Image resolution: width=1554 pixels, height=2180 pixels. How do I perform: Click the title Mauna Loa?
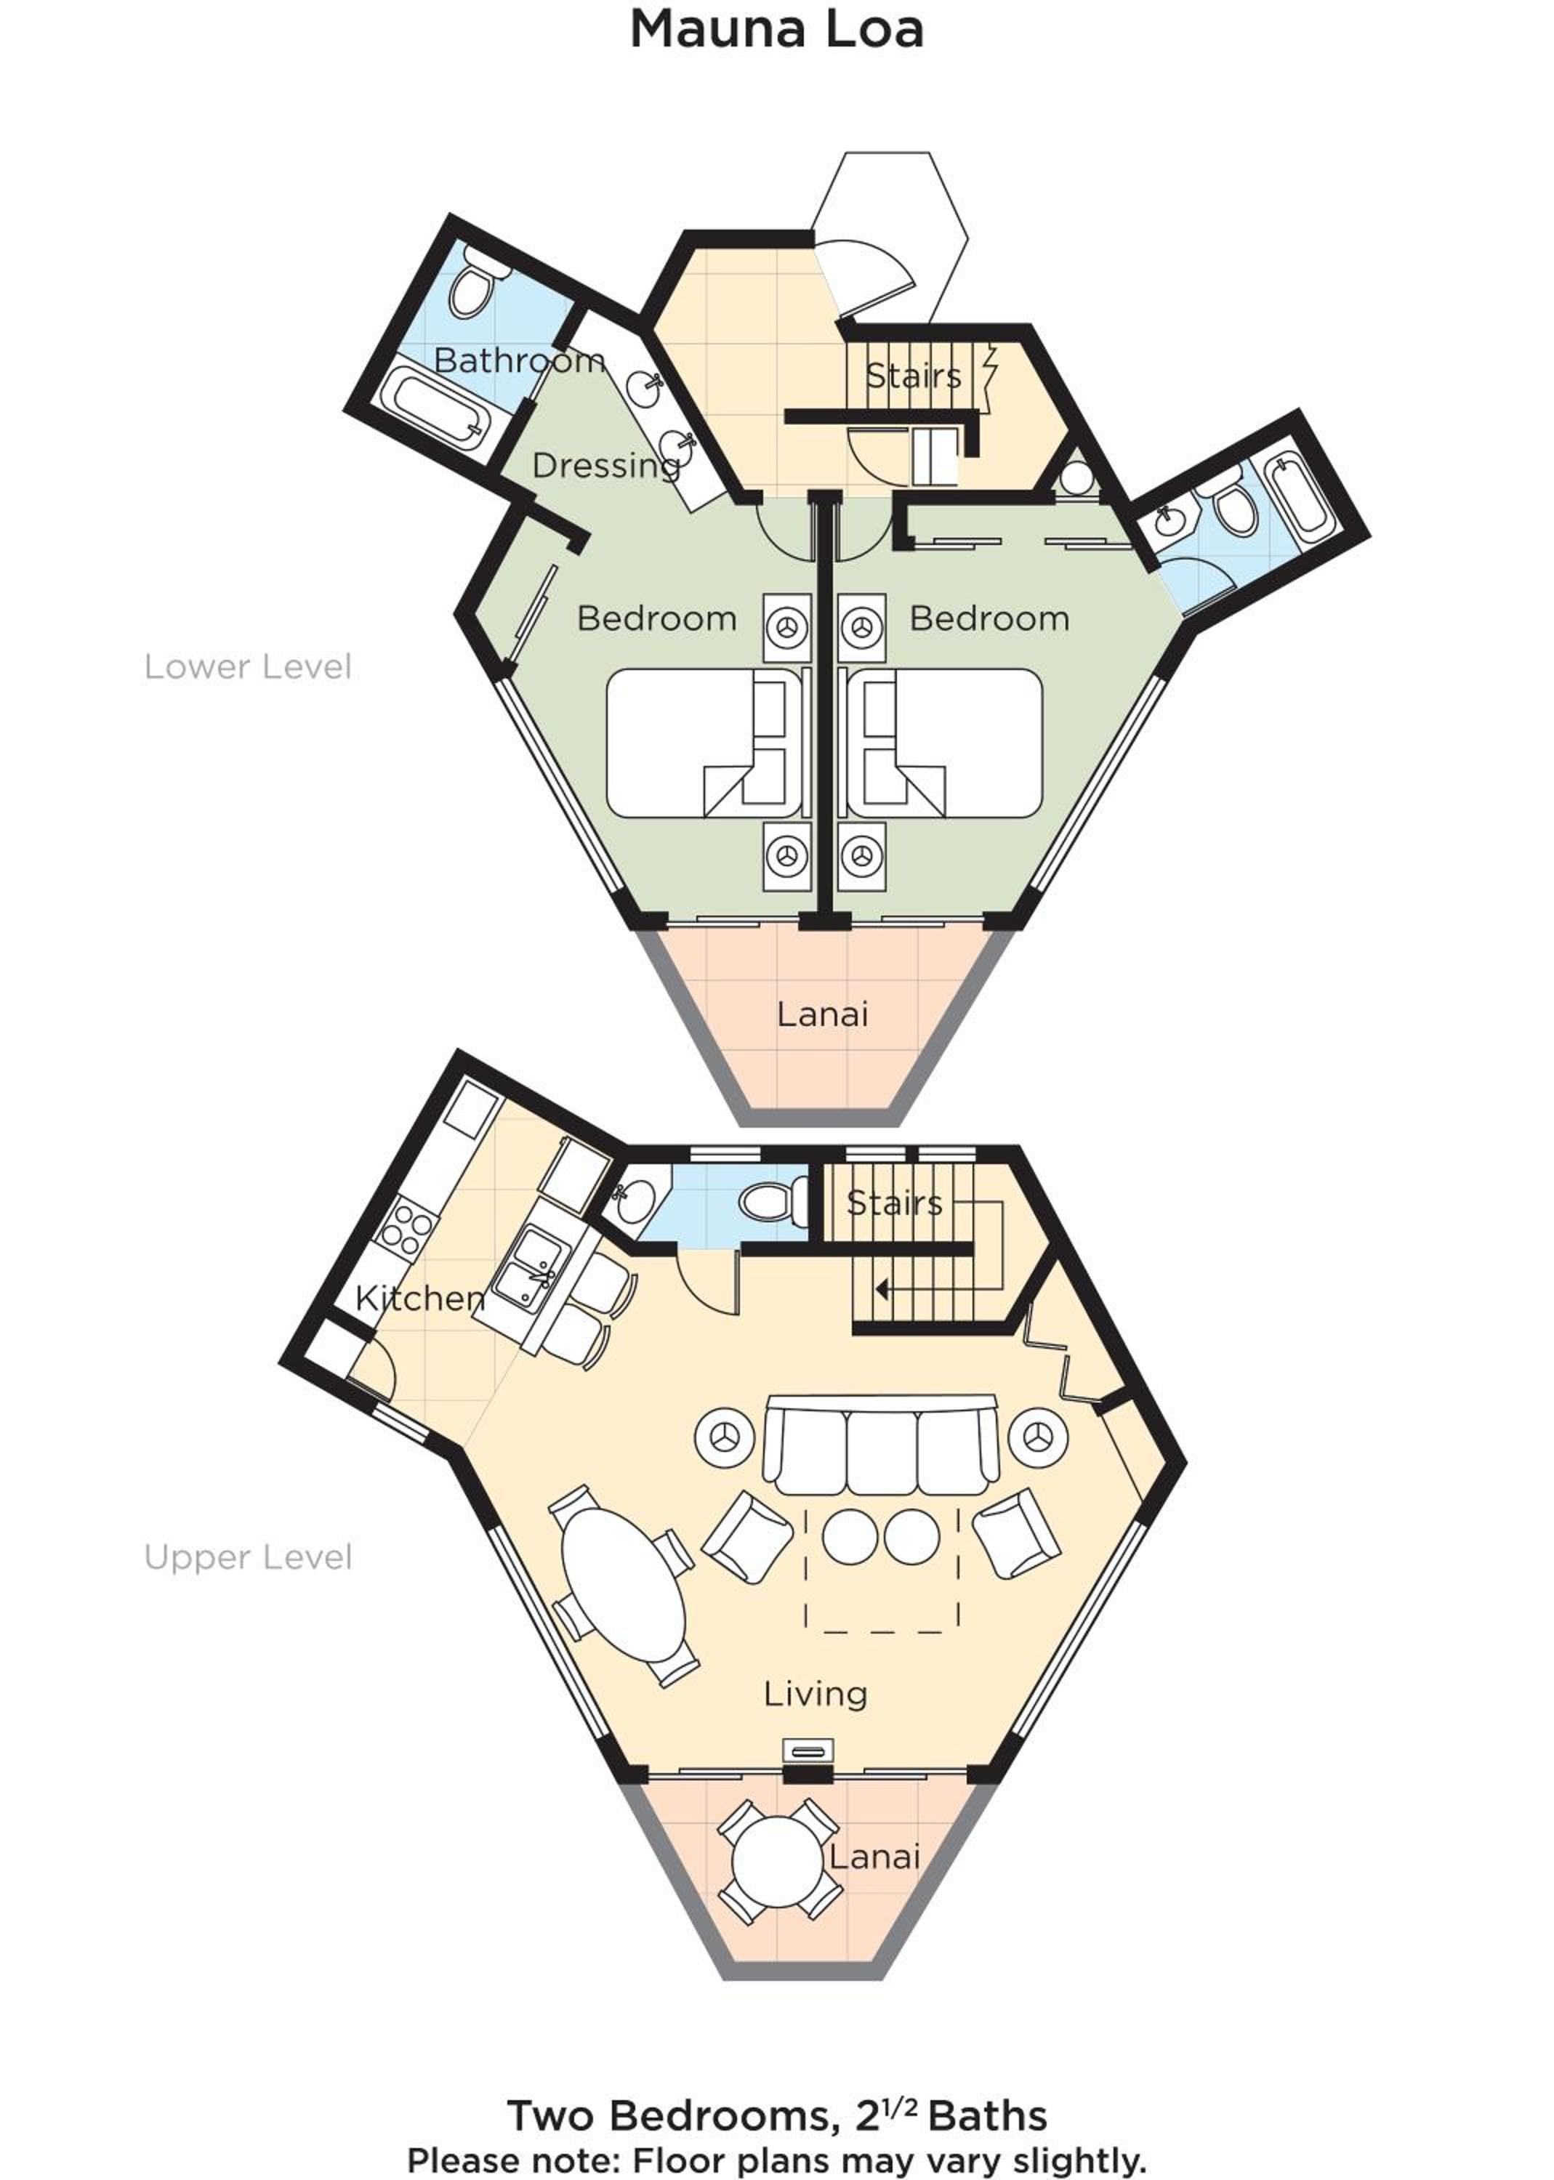tap(776, 30)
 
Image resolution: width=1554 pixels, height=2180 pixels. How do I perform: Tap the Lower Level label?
tap(248, 667)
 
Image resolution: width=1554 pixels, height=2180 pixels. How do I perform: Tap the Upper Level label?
tap(248, 1557)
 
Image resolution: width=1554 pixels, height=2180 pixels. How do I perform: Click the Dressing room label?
tap(605, 467)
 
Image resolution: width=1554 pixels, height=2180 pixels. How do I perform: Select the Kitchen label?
tap(420, 1298)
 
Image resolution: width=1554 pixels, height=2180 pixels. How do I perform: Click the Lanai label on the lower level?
tap(822, 1014)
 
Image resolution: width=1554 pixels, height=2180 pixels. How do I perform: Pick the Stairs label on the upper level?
tap(894, 1203)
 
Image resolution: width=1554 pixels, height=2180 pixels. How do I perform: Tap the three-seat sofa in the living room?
tap(880, 1445)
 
